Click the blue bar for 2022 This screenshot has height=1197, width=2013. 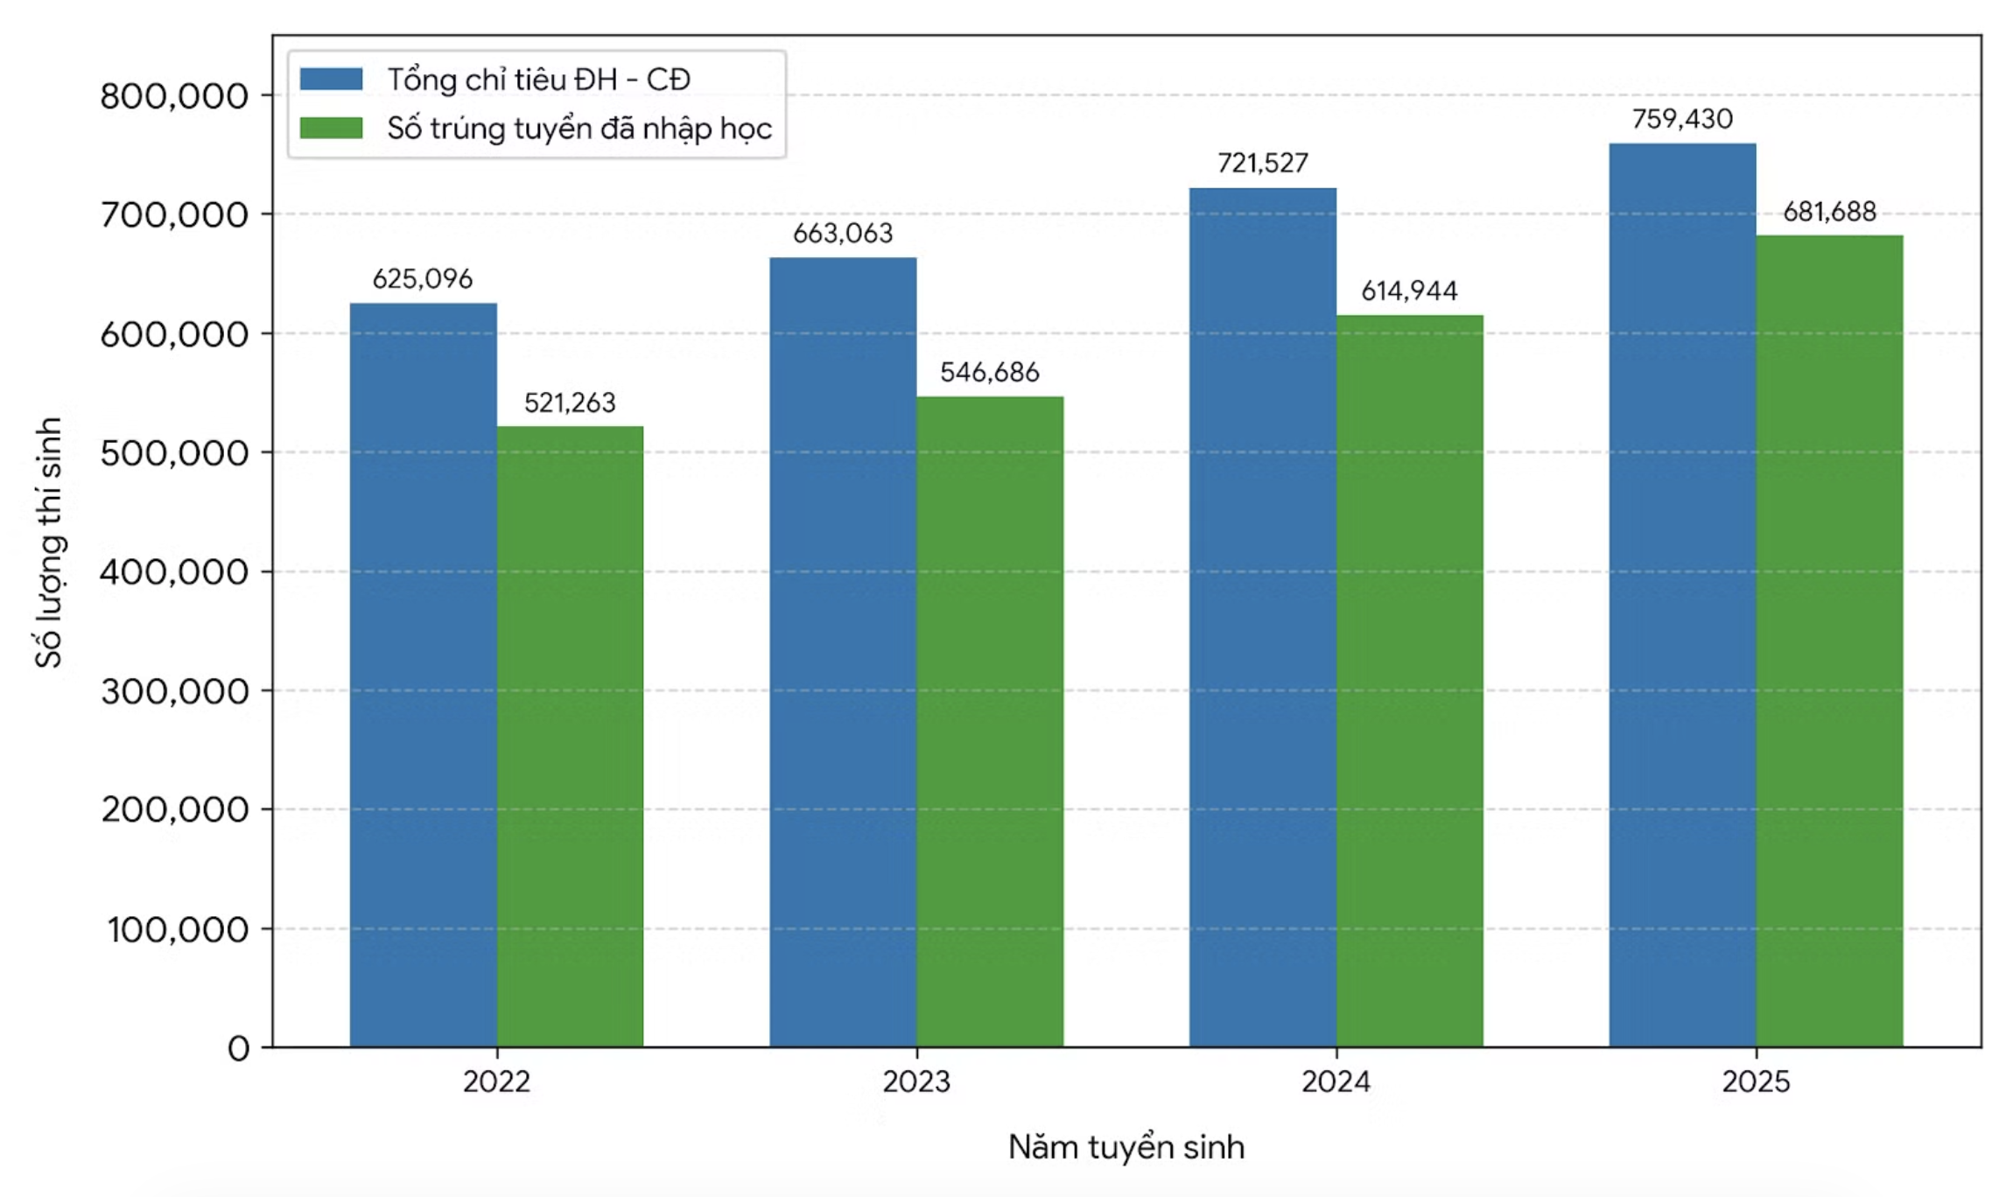tap(424, 675)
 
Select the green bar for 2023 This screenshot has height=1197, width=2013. tap(990, 722)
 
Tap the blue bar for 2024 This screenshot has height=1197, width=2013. tap(1263, 618)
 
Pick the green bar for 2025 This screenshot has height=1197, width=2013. tap(1829, 641)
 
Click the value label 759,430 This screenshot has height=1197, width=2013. tap(1682, 119)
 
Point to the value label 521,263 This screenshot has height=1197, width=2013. tap(570, 402)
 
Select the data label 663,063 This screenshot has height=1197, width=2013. tap(843, 234)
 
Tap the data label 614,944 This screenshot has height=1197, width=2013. tap(1409, 290)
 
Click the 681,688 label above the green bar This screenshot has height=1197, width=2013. tap(1829, 212)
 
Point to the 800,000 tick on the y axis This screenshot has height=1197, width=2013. tap(174, 95)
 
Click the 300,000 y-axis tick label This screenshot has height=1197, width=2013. tap(174, 691)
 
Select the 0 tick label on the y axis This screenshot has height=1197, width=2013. tap(239, 1048)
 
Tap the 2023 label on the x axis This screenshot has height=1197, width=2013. tap(916, 1082)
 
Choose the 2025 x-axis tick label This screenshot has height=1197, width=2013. tap(1756, 1082)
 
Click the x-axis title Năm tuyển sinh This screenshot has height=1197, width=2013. tap(1126, 1147)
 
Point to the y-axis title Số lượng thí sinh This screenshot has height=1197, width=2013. tap(49, 542)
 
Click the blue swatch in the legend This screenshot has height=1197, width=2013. tap(331, 80)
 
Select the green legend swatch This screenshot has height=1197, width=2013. tap(331, 129)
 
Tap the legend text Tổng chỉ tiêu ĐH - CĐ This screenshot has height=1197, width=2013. tap(539, 80)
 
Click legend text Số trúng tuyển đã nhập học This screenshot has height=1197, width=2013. tap(579, 129)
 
